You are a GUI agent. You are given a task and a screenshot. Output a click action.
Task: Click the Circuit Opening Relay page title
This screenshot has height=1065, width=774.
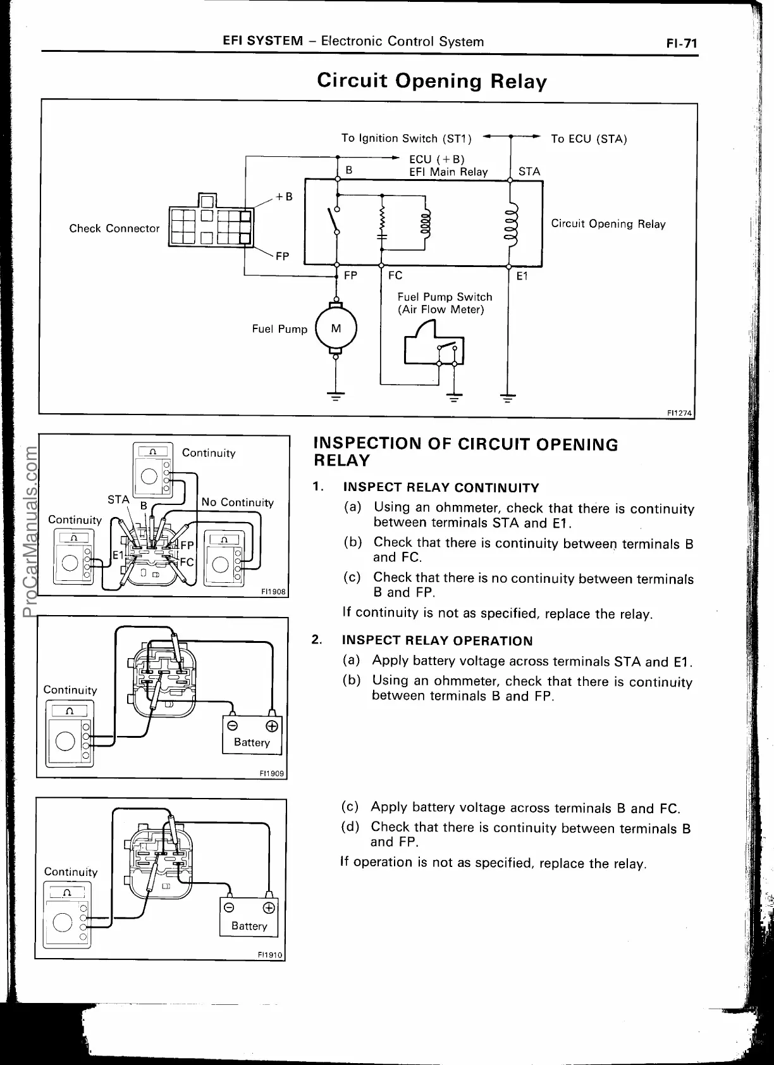(x=431, y=81)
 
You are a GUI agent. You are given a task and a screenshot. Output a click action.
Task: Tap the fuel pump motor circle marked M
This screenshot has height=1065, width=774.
(x=336, y=328)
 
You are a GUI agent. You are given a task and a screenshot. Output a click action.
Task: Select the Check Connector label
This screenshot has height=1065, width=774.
(x=114, y=228)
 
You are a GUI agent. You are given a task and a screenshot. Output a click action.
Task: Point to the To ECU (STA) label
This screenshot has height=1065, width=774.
(x=589, y=139)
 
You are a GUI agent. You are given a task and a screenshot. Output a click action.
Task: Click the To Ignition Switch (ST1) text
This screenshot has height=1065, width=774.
(x=406, y=138)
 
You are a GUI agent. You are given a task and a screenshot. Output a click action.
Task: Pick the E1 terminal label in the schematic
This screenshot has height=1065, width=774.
(x=522, y=276)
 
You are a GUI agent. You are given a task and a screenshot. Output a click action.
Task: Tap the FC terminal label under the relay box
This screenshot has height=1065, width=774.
(x=395, y=275)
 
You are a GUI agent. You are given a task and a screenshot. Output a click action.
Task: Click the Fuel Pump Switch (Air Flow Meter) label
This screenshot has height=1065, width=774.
(x=445, y=303)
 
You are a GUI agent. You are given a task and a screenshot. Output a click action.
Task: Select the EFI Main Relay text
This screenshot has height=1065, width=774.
(x=448, y=171)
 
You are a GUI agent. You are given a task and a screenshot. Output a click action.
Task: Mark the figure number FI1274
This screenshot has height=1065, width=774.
(x=680, y=413)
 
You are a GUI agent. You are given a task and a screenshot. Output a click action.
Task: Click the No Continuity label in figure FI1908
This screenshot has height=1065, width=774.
(x=237, y=502)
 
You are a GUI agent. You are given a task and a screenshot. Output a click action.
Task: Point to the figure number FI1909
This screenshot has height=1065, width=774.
(x=273, y=773)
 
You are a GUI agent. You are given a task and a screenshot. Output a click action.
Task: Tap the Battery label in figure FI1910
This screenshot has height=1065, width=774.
(x=249, y=926)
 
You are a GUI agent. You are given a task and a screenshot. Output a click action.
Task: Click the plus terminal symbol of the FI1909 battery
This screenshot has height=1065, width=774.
(x=273, y=726)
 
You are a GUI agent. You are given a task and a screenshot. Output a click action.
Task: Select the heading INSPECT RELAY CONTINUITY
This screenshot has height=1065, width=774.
(x=441, y=488)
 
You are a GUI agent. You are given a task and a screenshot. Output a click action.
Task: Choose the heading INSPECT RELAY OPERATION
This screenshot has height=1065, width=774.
(x=437, y=641)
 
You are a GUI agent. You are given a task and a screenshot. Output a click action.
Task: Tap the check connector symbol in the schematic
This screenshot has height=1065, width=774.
(x=209, y=221)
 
